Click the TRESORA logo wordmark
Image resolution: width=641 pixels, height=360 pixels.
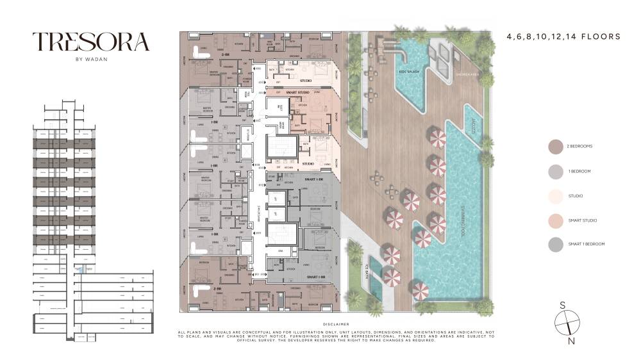(x=91, y=42)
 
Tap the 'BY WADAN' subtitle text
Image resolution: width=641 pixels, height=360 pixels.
(x=91, y=61)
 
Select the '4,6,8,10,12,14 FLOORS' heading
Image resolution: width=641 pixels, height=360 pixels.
(x=563, y=37)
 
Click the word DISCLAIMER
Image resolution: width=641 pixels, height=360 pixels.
(x=337, y=324)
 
